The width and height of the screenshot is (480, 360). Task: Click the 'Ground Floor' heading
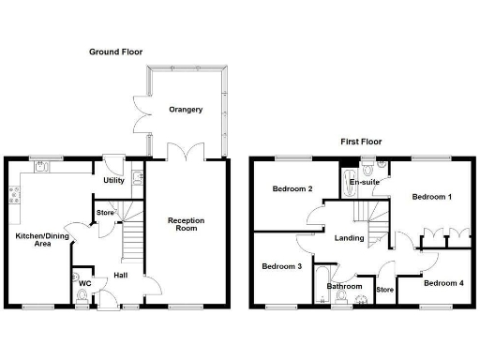(115, 52)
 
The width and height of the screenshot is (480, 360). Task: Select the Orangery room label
(186, 110)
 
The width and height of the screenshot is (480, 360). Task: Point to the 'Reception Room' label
(186, 225)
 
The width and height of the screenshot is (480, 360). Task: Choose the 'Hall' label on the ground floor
(121, 275)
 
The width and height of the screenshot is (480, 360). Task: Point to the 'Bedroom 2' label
(292, 188)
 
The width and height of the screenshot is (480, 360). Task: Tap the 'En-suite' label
(364, 181)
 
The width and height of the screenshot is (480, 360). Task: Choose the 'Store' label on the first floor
(384, 290)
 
